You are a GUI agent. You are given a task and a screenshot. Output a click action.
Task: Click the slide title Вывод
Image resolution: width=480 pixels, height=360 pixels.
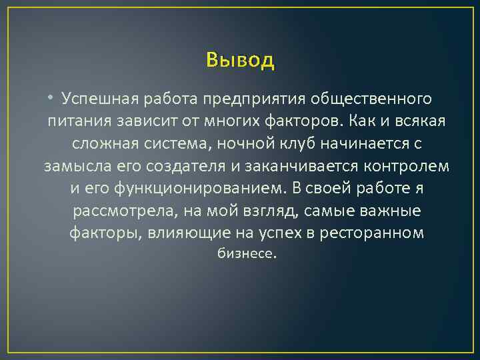pos(240,60)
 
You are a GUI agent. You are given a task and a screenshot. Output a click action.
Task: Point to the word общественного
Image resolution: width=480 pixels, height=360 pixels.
pos(369,99)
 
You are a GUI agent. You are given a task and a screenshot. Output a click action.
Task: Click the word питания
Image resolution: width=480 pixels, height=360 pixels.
pos(74,122)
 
